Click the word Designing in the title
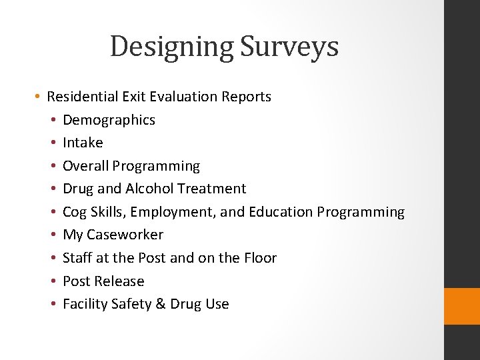[x=171, y=47]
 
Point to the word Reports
[x=246, y=97]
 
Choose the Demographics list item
[x=109, y=120]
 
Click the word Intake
[x=83, y=143]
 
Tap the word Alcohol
[x=151, y=189]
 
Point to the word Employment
[x=173, y=212]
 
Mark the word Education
[x=281, y=212]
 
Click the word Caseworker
[x=125, y=235]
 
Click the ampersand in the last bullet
[x=160, y=304]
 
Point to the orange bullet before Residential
[x=39, y=97]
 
